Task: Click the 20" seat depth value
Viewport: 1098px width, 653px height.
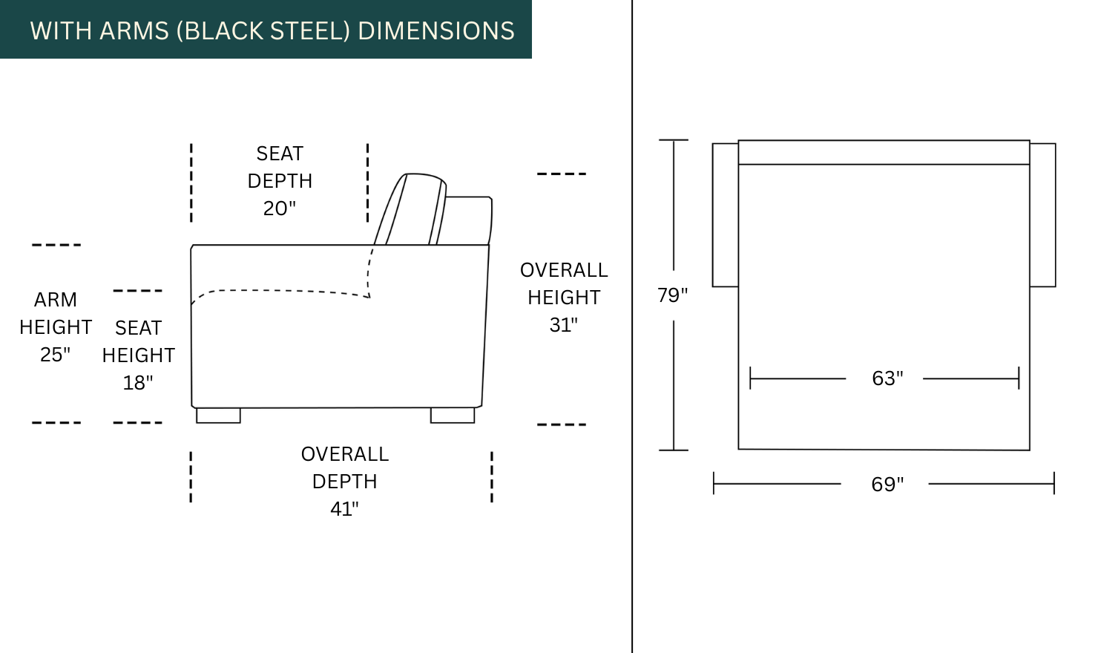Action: (280, 209)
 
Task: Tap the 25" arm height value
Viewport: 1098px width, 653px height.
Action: (56, 355)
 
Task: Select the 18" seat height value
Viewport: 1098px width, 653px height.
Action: (138, 383)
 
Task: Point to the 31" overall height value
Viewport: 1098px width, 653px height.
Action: (564, 325)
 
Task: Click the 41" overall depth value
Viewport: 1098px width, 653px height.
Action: (344, 509)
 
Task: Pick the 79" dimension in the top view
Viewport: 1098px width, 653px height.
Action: (672, 295)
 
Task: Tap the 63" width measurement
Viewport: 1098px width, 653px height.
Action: (887, 378)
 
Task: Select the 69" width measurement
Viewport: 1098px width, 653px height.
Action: (887, 485)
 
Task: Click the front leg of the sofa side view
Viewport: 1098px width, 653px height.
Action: (218, 416)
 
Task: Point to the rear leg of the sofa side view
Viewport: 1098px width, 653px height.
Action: (453, 416)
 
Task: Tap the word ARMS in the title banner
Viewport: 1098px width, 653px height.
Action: (134, 30)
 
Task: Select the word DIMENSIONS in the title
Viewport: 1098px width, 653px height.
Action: (436, 30)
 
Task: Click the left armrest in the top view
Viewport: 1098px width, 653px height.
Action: (725, 214)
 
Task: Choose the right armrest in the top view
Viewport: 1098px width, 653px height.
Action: (1042, 214)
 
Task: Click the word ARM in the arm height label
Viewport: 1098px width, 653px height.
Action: (56, 300)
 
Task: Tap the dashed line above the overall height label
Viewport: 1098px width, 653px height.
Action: (562, 174)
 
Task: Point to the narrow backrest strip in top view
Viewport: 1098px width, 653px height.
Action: (884, 152)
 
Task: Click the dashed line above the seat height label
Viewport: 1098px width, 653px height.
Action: (138, 291)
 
